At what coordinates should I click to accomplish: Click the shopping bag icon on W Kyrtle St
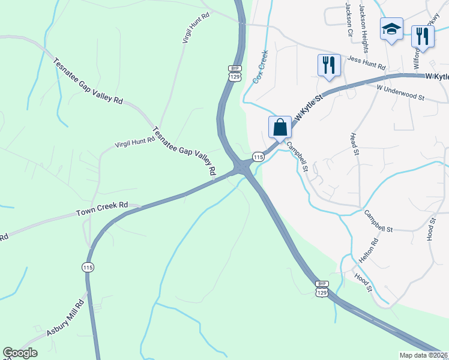(280, 127)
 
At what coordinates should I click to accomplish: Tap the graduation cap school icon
(391, 29)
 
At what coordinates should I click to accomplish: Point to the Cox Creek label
(261, 67)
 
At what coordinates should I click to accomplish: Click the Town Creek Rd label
(102, 209)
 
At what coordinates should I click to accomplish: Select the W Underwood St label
(400, 92)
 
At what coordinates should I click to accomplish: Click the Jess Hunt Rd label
(366, 62)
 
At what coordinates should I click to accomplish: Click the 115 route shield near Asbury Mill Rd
(88, 266)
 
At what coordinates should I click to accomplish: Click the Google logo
(20, 353)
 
